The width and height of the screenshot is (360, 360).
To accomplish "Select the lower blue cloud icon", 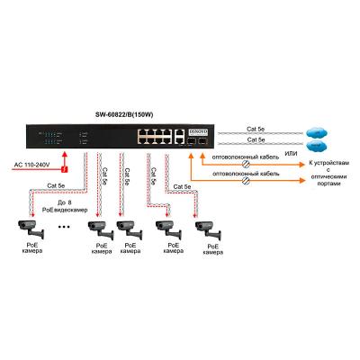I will pyautogui.click(x=316, y=144).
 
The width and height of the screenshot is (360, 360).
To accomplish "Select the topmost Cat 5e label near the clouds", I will pyautogui.click(x=256, y=128).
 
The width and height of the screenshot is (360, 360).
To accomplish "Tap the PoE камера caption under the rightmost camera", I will pyautogui.click(x=213, y=251).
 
